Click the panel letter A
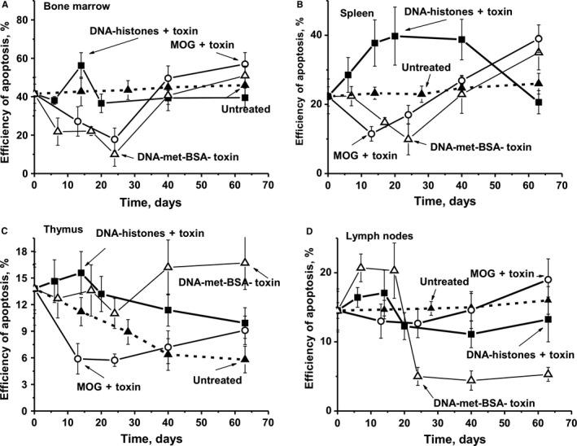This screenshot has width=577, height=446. point(6,6)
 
